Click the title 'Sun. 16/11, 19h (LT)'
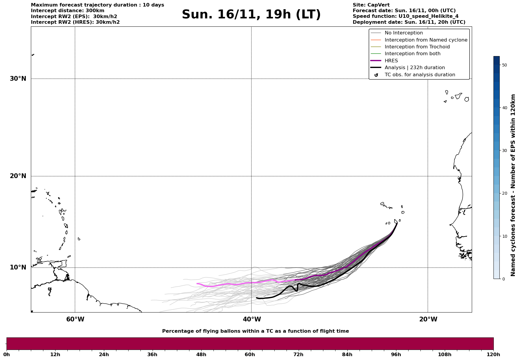(x=251, y=15)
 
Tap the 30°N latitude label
(x=18, y=79)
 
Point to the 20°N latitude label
(x=18, y=176)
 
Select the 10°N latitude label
(x=18, y=267)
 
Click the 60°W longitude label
(x=75, y=319)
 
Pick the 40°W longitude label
(x=252, y=319)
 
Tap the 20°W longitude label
(x=428, y=319)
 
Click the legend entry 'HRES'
(x=391, y=61)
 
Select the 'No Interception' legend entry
(x=404, y=33)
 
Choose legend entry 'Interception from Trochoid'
(x=417, y=47)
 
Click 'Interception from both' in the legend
(x=412, y=54)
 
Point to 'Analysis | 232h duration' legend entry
(x=414, y=68)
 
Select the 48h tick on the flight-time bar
(x=201, y=355)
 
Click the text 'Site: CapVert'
(x=371, y=5)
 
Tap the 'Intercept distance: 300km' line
(x=67, y=11)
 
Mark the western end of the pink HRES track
(x=197, y=283)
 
